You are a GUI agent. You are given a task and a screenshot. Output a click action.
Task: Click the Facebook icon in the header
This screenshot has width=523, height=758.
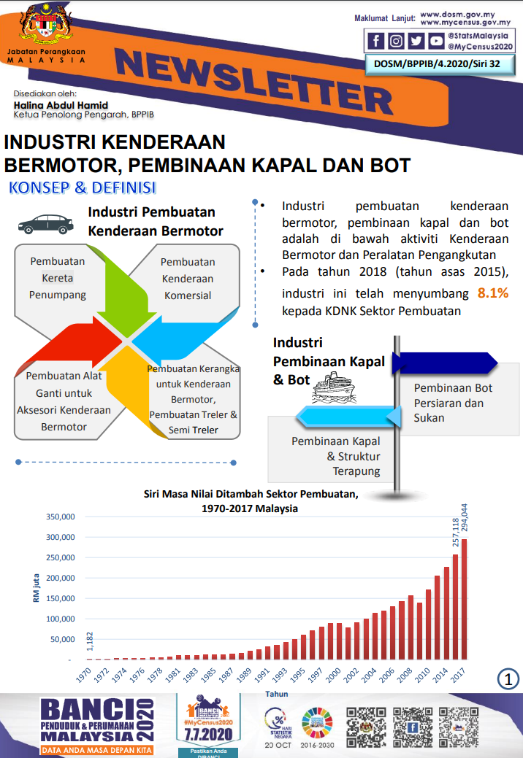tap(376, 42)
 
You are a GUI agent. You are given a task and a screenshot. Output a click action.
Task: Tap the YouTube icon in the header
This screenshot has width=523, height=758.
tap(436, 42)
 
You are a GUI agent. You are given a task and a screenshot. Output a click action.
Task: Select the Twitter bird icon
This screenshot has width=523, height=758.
tap(416, 42)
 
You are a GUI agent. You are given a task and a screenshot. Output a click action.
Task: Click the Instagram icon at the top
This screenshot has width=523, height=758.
tap(396, 42)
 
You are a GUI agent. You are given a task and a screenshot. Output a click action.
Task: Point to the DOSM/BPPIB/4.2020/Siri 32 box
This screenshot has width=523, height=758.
tap(440, 64)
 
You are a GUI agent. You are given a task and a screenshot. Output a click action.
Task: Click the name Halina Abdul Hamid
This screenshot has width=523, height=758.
tap(61, 105)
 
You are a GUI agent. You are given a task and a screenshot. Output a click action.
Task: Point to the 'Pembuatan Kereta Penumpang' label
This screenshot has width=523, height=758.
tap(58, 278)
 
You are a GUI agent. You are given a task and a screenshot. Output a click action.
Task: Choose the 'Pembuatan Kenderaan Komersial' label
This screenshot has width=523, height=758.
tap(188, 279)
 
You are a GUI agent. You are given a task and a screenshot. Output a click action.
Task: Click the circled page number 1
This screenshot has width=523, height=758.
tap(508, 679)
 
